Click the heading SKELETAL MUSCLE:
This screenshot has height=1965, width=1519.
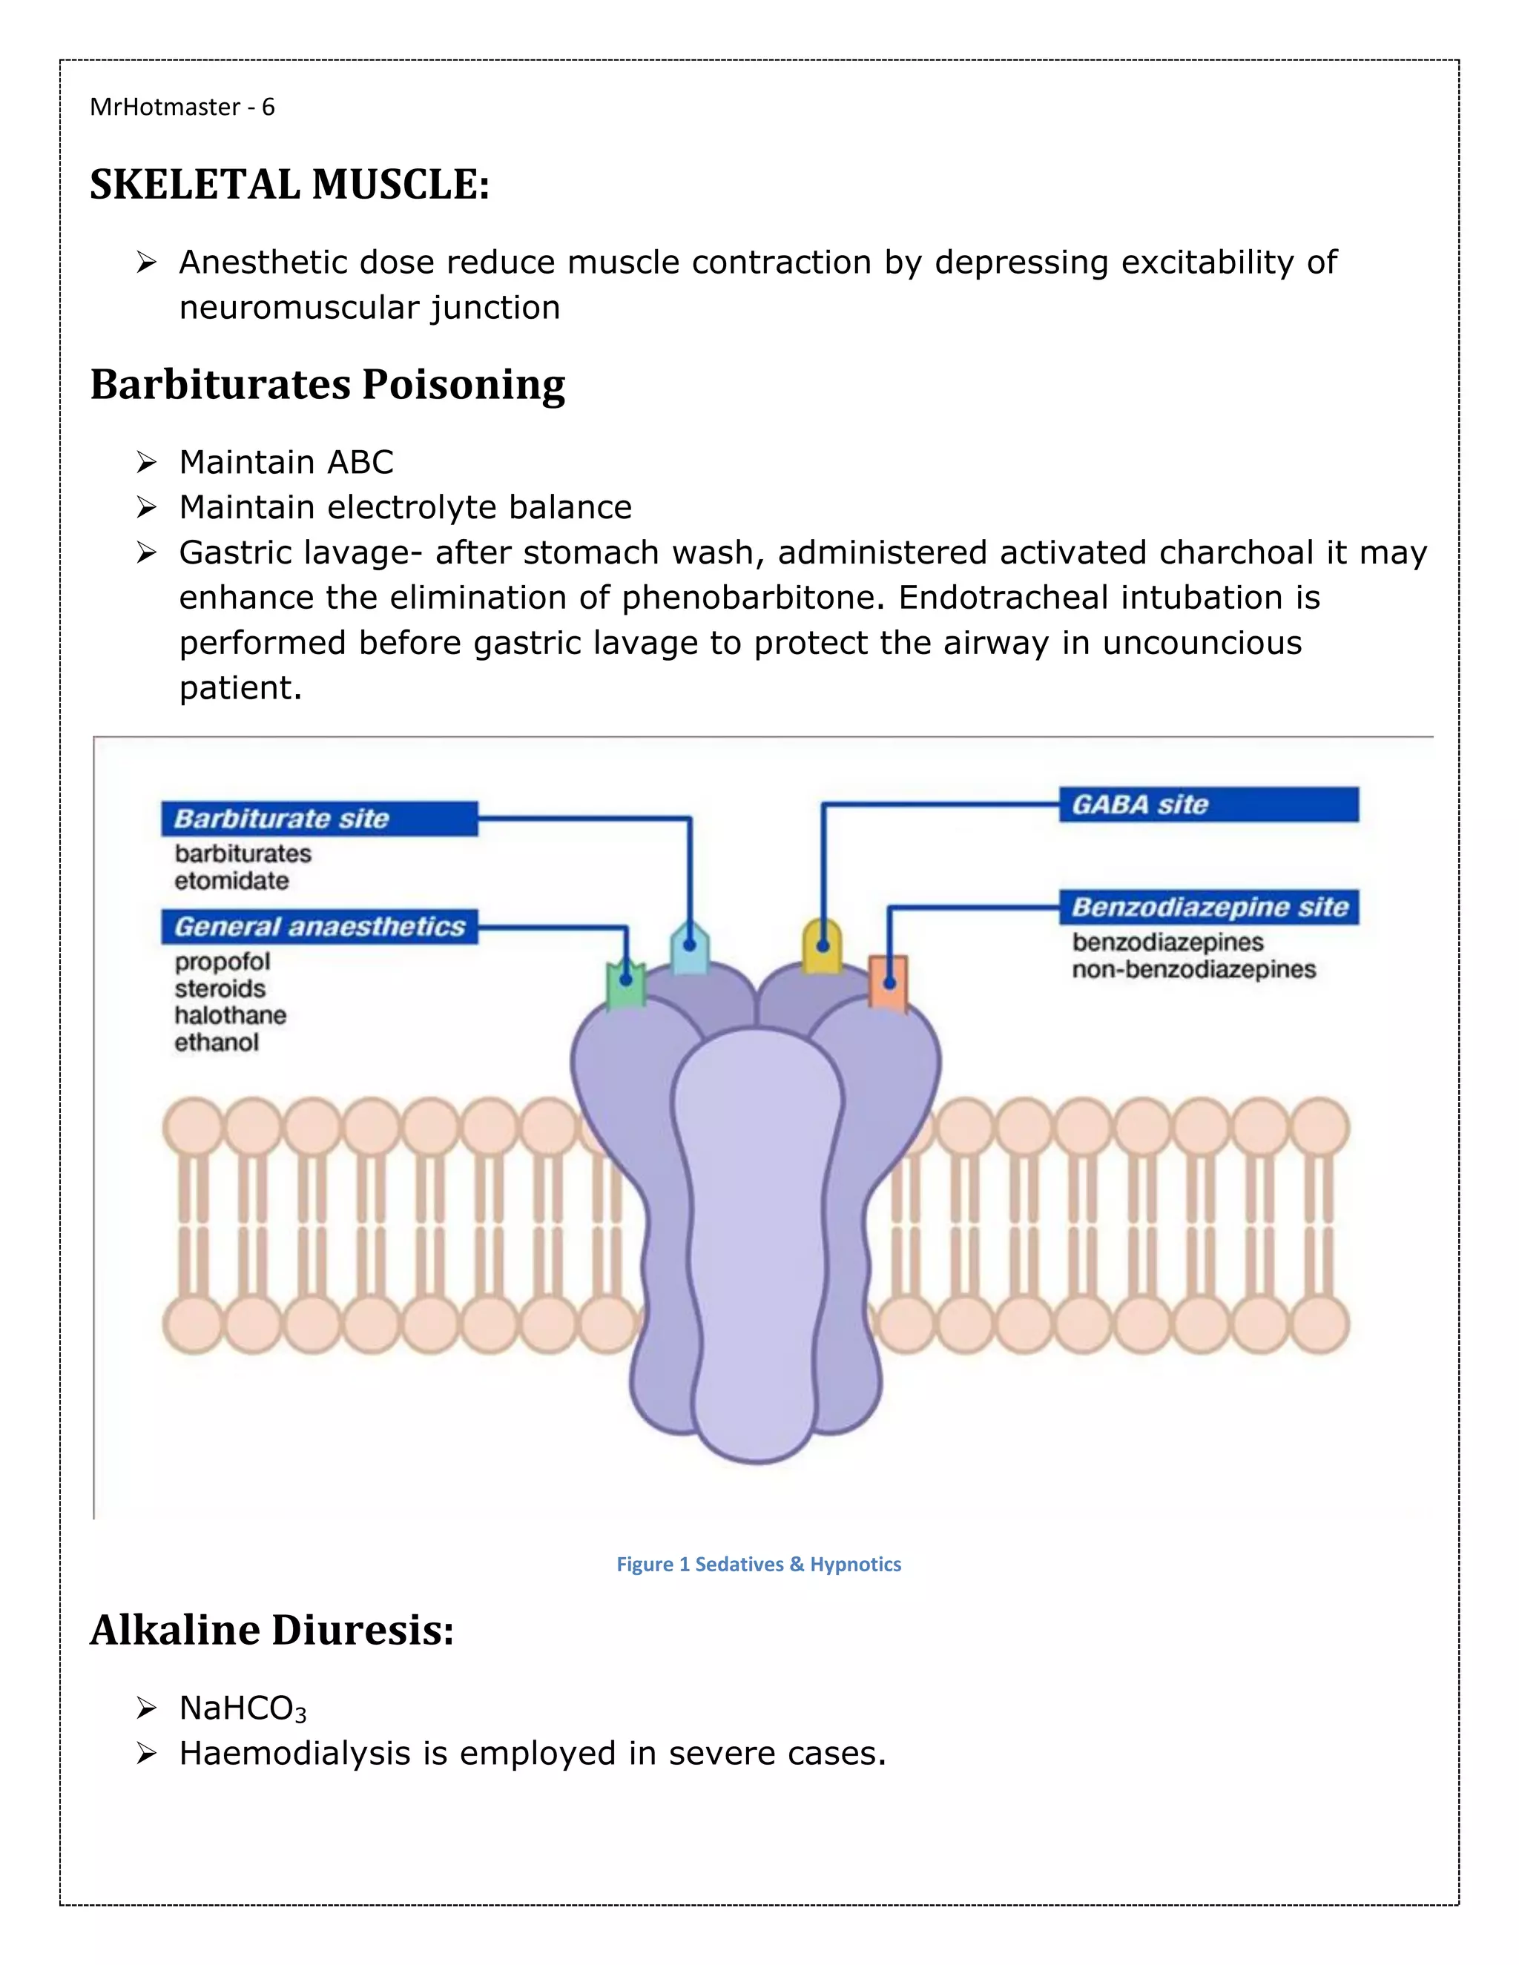click(x=290, y=185)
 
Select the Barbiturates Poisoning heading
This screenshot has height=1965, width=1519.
click(x=328, y=384)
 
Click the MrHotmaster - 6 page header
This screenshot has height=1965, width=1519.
click(x=182, y=107)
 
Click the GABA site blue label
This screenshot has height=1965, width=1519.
click(x=1207, y=805)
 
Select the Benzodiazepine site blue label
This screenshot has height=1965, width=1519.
click(x=1207, y=907)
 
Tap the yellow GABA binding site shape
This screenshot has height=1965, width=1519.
click(x=822, y=945)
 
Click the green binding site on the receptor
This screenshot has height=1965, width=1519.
click(x=625, y=986)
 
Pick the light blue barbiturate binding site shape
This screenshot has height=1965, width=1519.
click(x=689, y=948)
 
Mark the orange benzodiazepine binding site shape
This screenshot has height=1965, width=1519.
click(x=888, y=982)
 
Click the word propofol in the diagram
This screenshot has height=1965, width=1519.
click(x=223, y=962)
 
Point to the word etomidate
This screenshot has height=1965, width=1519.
click(x=231, y=881)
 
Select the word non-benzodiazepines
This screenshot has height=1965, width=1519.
click(x=1193, y=970)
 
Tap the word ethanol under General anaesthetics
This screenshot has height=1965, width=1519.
click(x=216, y=1043)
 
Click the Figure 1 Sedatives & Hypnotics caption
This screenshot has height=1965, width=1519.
click(x=759, y=1564)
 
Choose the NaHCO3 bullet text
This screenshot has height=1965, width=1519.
click(x=243, y=1708)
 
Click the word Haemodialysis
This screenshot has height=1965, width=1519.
click(x=294, y=1753)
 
